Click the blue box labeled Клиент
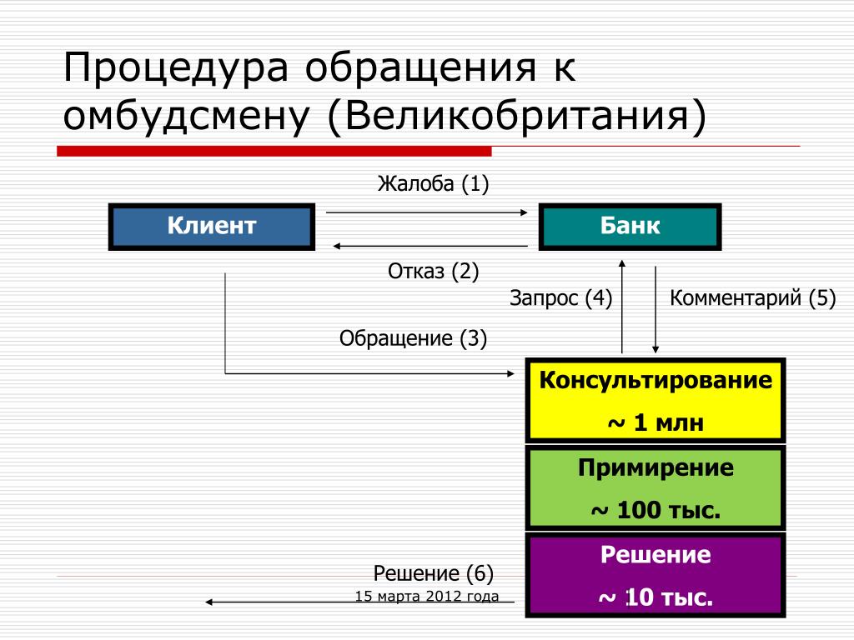tap(212, 227)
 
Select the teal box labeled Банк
tap(630, 227)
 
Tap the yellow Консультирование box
tap(655, 401)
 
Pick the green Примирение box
tap(655, 487)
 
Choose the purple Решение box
tap(655, 575)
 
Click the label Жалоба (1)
tap(432, 183)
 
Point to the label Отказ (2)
tap(433, 271)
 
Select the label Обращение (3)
tap(413, 338)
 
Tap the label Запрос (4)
tap(560, 298)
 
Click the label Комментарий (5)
tap(752, 298)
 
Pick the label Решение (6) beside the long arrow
tap(433, 573)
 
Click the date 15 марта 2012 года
tap(427, 596)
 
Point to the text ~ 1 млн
tap(656, 422)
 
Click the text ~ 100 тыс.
tap(656, 509)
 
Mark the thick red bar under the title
tap(274, 151)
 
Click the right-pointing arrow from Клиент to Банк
tap(426, 212)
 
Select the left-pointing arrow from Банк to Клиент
tap(430, 246)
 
